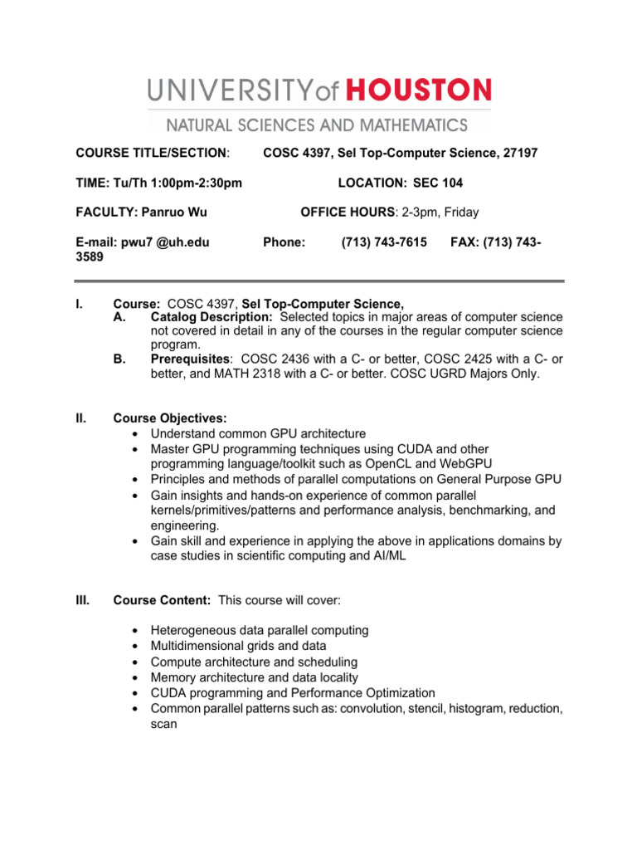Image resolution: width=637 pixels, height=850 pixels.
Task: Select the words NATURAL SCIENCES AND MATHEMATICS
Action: (318, 125)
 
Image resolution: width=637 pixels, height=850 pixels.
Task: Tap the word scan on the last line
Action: (163, 724)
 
